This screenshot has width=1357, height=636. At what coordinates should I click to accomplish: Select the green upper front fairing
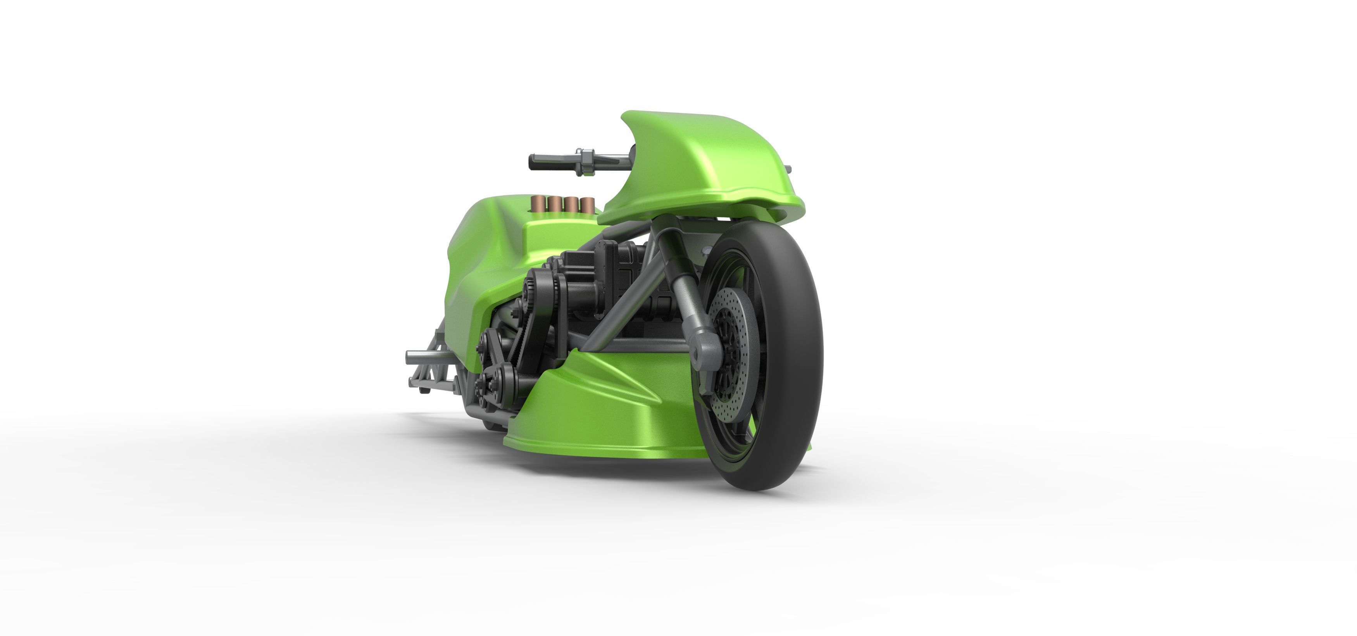(701, 169)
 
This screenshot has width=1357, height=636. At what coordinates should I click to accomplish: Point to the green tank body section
(485, 253)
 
